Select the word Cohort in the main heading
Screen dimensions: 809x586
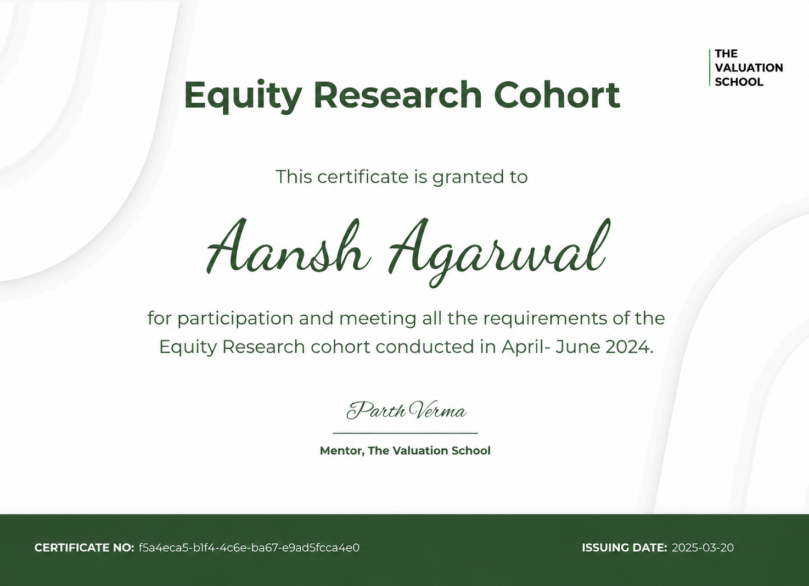tap(557, 94)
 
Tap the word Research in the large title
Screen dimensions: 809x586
tap(398, 94)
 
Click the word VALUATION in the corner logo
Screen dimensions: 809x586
tap(749, 68)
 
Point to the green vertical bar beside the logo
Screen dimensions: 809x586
tap(709, 68)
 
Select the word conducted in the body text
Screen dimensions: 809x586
tap(425, 347)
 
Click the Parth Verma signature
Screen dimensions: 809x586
tap(406, 410)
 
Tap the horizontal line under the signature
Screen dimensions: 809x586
tap(405, 433)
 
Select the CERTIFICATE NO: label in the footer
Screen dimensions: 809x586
tap(84, 548)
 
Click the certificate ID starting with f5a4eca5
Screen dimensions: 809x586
tap(249, 548)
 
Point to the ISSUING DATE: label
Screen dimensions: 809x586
tap(625, 548)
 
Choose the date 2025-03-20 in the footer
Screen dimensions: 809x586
tap(703, 548)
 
